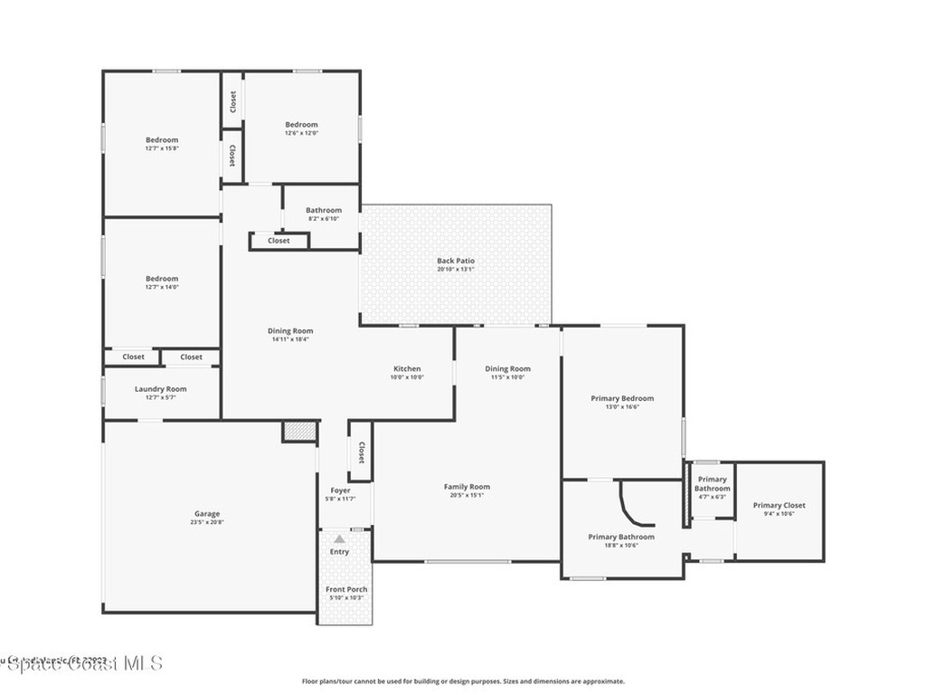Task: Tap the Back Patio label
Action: click(456, 261)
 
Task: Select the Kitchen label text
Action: click(407, 368)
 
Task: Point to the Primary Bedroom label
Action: click(622, 398)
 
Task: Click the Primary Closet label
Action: click(779, 505)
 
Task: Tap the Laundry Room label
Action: click(161, 389)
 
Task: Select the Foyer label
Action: click(340, 490)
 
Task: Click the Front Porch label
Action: click(346, 589)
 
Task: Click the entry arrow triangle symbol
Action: click(339, 538)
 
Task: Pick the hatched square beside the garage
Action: click(296, 432)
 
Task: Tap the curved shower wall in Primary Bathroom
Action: click(632, 507)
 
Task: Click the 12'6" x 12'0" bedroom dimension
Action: click(302, 133)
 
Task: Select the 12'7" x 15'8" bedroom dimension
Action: click(162, 148)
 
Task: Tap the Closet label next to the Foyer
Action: click(361, 452)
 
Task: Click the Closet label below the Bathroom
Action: click(279, 241)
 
